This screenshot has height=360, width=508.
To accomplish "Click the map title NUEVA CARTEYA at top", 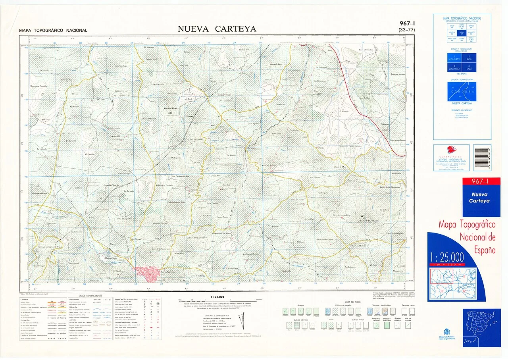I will point(217,29).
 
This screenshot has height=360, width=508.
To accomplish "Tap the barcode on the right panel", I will point(482,158).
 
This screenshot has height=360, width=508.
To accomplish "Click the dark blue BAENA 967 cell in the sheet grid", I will point(462,33).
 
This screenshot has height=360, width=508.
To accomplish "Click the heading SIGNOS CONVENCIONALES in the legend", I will point(90,296).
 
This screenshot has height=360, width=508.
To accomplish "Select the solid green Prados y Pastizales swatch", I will point(386,325).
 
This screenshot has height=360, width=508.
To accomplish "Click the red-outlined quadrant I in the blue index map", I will point(442,276).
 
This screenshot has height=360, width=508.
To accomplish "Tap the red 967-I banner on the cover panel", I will point(481,182).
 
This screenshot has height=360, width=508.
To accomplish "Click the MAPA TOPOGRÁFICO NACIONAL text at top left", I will point(53,31).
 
